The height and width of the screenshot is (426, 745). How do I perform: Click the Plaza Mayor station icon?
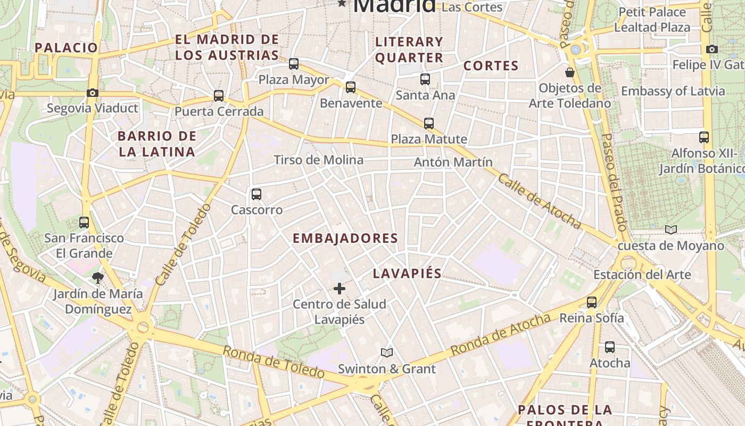coord(294,64)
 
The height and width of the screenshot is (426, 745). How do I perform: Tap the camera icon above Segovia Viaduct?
coord(93,93)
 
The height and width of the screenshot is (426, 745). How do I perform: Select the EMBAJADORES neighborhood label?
coord(345,238)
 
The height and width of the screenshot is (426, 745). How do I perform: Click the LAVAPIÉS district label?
coord(407,274)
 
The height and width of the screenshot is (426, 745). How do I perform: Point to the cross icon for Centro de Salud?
coord(340,289)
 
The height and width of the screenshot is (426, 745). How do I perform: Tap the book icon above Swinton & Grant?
coord(387,353)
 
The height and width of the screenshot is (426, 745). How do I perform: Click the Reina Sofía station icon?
coord(592,302)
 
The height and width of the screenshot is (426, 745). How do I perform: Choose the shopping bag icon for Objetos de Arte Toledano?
coord(570,72)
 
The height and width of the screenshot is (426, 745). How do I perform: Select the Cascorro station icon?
coord(256,194)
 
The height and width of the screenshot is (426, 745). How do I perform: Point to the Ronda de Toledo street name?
coord(273,363)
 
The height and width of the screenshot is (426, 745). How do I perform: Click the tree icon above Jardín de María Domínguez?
coord(97,277)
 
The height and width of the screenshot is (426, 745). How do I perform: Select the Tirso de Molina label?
coord(318,160)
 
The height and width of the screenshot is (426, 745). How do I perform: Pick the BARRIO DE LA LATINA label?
coord(157,144)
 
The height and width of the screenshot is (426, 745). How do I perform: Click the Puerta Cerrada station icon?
coord(219,96)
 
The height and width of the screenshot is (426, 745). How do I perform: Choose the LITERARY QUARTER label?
coord(409,50)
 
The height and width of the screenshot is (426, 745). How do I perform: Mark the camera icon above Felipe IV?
coord(712,50)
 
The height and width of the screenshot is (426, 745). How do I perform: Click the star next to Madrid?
coord(342,4)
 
